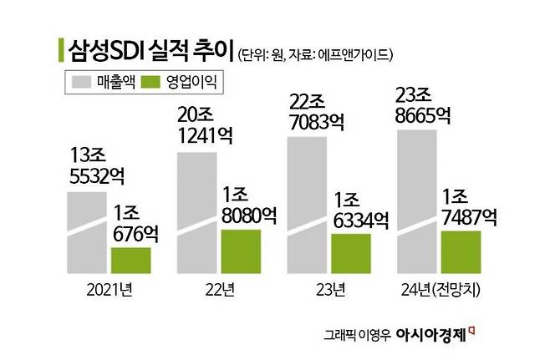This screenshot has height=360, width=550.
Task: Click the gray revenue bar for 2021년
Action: click(87, 233)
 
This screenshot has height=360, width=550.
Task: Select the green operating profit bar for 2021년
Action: click(130, 260)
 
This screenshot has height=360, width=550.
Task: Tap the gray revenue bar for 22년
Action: click(197, 210)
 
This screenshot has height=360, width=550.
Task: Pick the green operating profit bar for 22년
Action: click(241, 251)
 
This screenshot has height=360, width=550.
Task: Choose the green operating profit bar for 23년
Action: click(352, 253)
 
